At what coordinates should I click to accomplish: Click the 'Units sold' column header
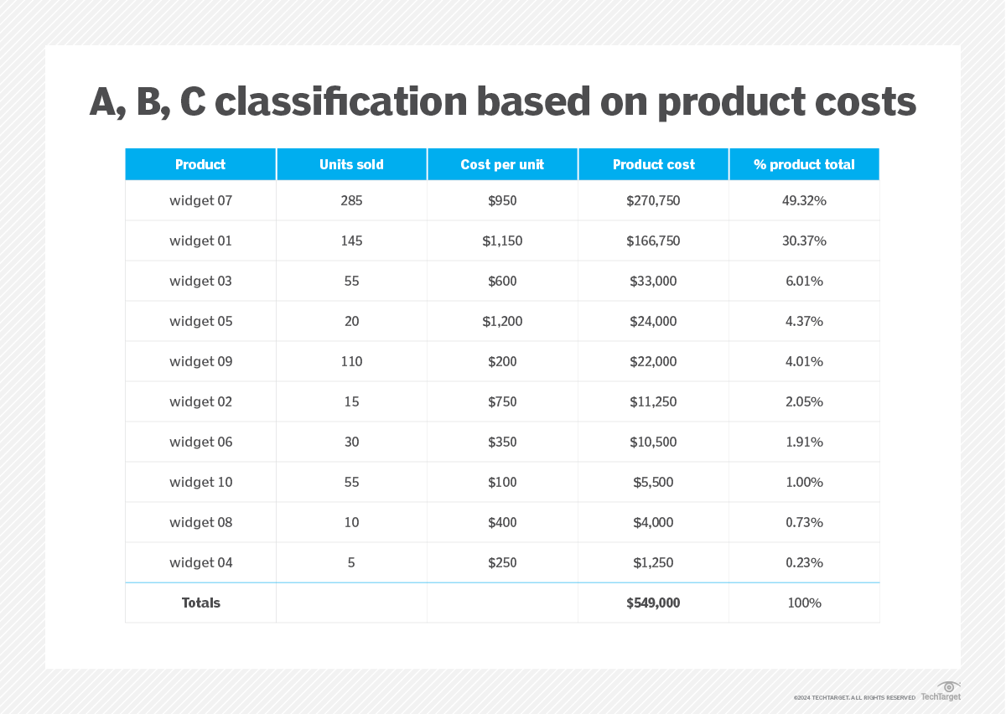[x=351, y=164]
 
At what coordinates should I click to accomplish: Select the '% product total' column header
[x=804, y=164]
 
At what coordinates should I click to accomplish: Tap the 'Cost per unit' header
[x=502, y=164]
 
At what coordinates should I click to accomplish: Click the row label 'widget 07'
[x=200, y=200]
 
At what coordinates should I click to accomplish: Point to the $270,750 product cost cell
[x=653, y=200]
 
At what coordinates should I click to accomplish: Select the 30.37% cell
[x=804, y=241]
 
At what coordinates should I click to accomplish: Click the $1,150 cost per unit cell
[x=502, y=241]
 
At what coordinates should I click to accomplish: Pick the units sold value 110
[x=351, y=361]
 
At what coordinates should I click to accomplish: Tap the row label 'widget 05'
[x=200, y=321]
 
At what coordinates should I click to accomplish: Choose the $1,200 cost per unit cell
[x=502, y=321]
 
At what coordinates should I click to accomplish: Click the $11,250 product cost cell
[x=653, y=401]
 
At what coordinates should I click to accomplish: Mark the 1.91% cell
[x=804, y=442]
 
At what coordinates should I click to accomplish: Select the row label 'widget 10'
[x=200, y=482]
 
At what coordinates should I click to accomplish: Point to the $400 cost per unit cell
[x=502, y=522]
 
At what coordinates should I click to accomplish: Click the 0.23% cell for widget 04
[x=804, y=562]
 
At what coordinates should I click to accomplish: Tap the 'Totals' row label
[x=200, y=603]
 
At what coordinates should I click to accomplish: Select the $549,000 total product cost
[x=653, y=603]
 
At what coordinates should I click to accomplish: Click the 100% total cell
[x=804, y=603]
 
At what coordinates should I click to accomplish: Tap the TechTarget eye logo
[x=949, y=686]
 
